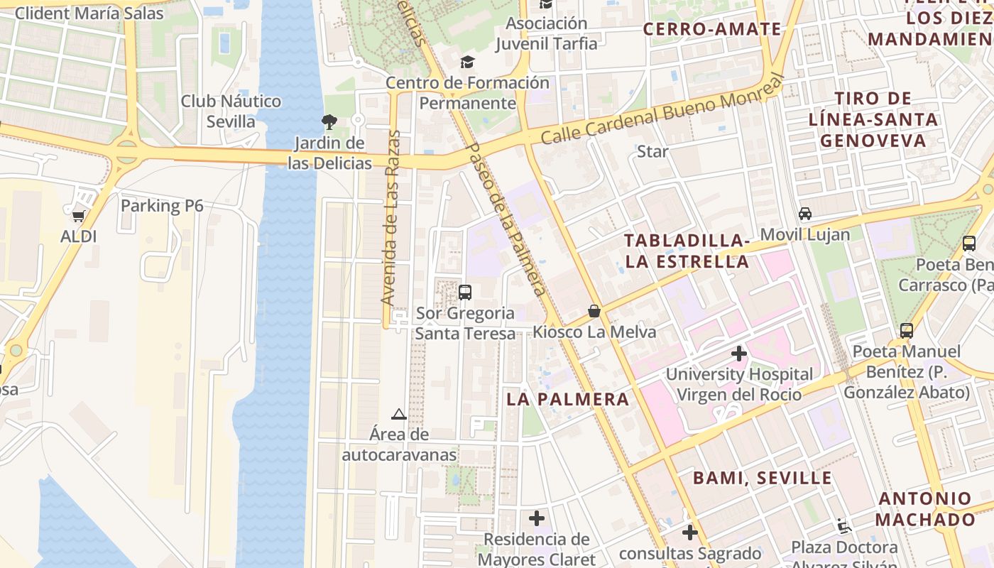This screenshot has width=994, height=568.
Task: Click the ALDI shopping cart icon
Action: pos(78,214)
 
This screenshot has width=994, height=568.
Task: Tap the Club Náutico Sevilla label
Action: pos(231,111)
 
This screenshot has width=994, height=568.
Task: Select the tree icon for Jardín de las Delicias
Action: pos(329,121)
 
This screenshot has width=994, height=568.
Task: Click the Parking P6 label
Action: pos(162,206)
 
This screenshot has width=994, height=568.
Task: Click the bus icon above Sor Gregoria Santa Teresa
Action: pos(465,292)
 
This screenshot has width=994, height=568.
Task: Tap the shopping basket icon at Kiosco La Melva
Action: pos(594,311)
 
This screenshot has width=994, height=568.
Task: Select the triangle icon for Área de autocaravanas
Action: pos(399,414)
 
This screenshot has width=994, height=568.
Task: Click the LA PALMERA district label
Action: pos(568,399)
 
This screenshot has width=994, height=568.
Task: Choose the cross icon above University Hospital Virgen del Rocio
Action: pos(739,353)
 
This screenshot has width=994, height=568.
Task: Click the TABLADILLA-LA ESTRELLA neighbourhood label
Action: pos(687,251)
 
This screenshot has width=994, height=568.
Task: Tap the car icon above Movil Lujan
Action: pos(805,214)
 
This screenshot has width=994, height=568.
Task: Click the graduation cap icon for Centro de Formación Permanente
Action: pos(467,62)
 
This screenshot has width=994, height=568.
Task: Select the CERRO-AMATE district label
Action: pos(712,29)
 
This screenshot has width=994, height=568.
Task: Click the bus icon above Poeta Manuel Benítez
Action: pos(907,330)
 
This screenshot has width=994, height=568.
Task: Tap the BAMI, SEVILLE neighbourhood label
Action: pos(762,478)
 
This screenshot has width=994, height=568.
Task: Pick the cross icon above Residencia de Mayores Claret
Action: pos(537,518)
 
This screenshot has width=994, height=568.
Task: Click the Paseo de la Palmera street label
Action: pos(507,219)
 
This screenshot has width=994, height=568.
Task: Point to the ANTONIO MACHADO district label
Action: pos(925,509)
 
